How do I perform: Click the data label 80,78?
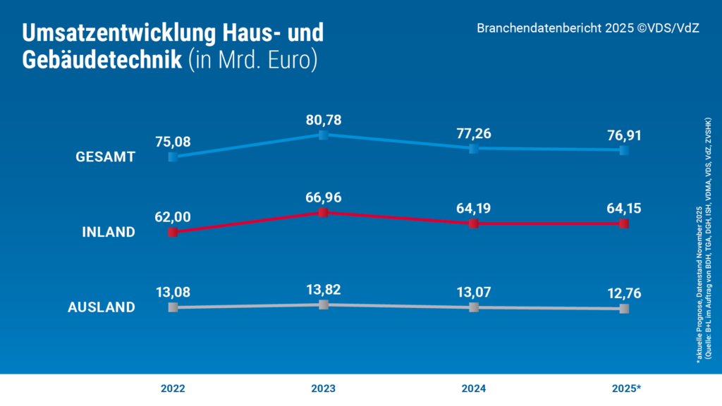tap(323, 121)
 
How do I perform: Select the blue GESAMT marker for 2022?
tap(173, 156)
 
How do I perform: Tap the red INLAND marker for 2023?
tap(323, 212)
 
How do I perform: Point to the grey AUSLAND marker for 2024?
tap(474, 307)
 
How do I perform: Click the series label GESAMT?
tap(105, 157)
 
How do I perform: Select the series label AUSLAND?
tap(101, 307)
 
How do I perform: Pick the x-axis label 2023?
tap(323, 388)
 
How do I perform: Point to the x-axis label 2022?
tap(173, 388)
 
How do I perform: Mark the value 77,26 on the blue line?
tap(474, 134)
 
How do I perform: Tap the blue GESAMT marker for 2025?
tap(624, 150)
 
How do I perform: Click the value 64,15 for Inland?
tap(624, 209)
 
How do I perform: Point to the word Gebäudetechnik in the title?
tap(102, 61)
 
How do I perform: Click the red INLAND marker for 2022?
tap(173, 232)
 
